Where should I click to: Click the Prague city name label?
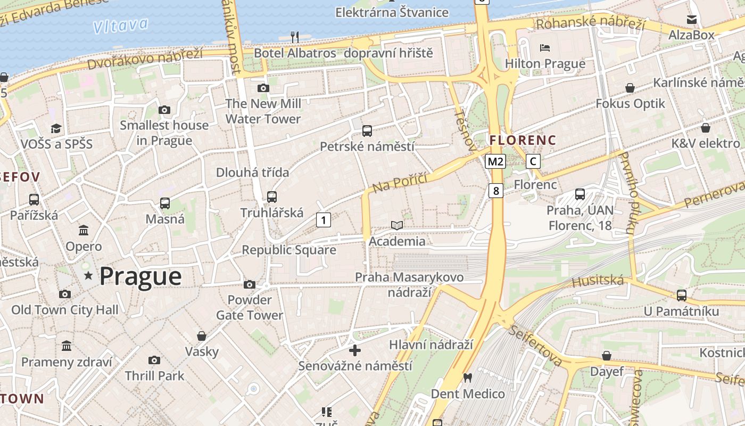point(140,276)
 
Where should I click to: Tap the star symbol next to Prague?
point(88,276)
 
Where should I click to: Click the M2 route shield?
point(495,161)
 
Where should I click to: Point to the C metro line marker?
point(533,161)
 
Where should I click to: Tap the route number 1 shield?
point(323,219)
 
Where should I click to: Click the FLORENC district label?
point(523,141)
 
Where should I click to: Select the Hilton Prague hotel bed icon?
point(545,48)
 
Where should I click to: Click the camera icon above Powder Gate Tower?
point(250,285)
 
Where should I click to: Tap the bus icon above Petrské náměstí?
point(367,131)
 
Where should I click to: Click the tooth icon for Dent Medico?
point(468,378)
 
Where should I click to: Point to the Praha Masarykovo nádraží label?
point(409,284)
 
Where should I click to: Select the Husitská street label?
point(597,281)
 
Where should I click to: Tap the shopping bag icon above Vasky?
point(202,336)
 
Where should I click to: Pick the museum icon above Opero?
point(84,231)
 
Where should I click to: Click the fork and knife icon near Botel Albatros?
point(295,37)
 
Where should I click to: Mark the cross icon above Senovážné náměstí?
point(355,350)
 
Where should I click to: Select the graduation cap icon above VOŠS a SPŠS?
point(56,128)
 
